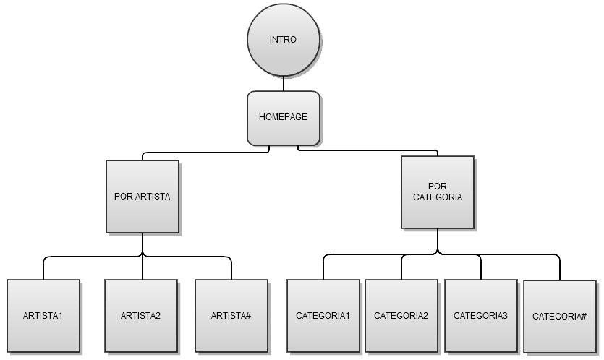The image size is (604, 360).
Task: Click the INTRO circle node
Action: (x=283, y=40)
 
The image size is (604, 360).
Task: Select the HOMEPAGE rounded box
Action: (x=283, y=117)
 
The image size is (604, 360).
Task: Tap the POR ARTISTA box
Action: (x=142, y=196)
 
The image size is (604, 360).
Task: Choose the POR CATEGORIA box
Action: (x=438, y=192)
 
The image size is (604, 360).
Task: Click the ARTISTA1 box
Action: (x=43, y=316)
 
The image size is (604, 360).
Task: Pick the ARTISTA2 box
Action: (x=140, y=316)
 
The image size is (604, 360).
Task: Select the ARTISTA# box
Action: (x=231, y=316)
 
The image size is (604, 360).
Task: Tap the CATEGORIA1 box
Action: (x=323, y=316)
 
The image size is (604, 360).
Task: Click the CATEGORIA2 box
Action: (x=401, y=316)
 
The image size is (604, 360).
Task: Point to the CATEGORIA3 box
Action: (x=480, y=316)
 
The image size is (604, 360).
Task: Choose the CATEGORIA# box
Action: (x=559, y=317)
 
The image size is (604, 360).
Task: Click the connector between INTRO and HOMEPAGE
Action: (x=283, y=83)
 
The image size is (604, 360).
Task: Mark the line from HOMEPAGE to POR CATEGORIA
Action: (x=369, y=150)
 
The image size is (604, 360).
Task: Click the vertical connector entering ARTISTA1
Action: (x=43, y=269)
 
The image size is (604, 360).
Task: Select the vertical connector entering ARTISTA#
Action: (x=231, y=269)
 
